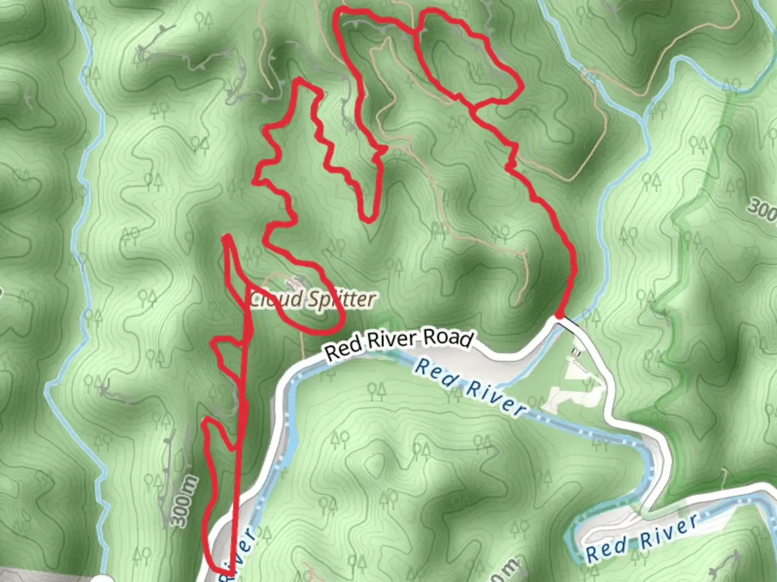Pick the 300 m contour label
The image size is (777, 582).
pyautogui.click(x=184, y=501)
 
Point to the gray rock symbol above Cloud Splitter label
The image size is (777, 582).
pyautogui.click(x=295, y=281)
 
